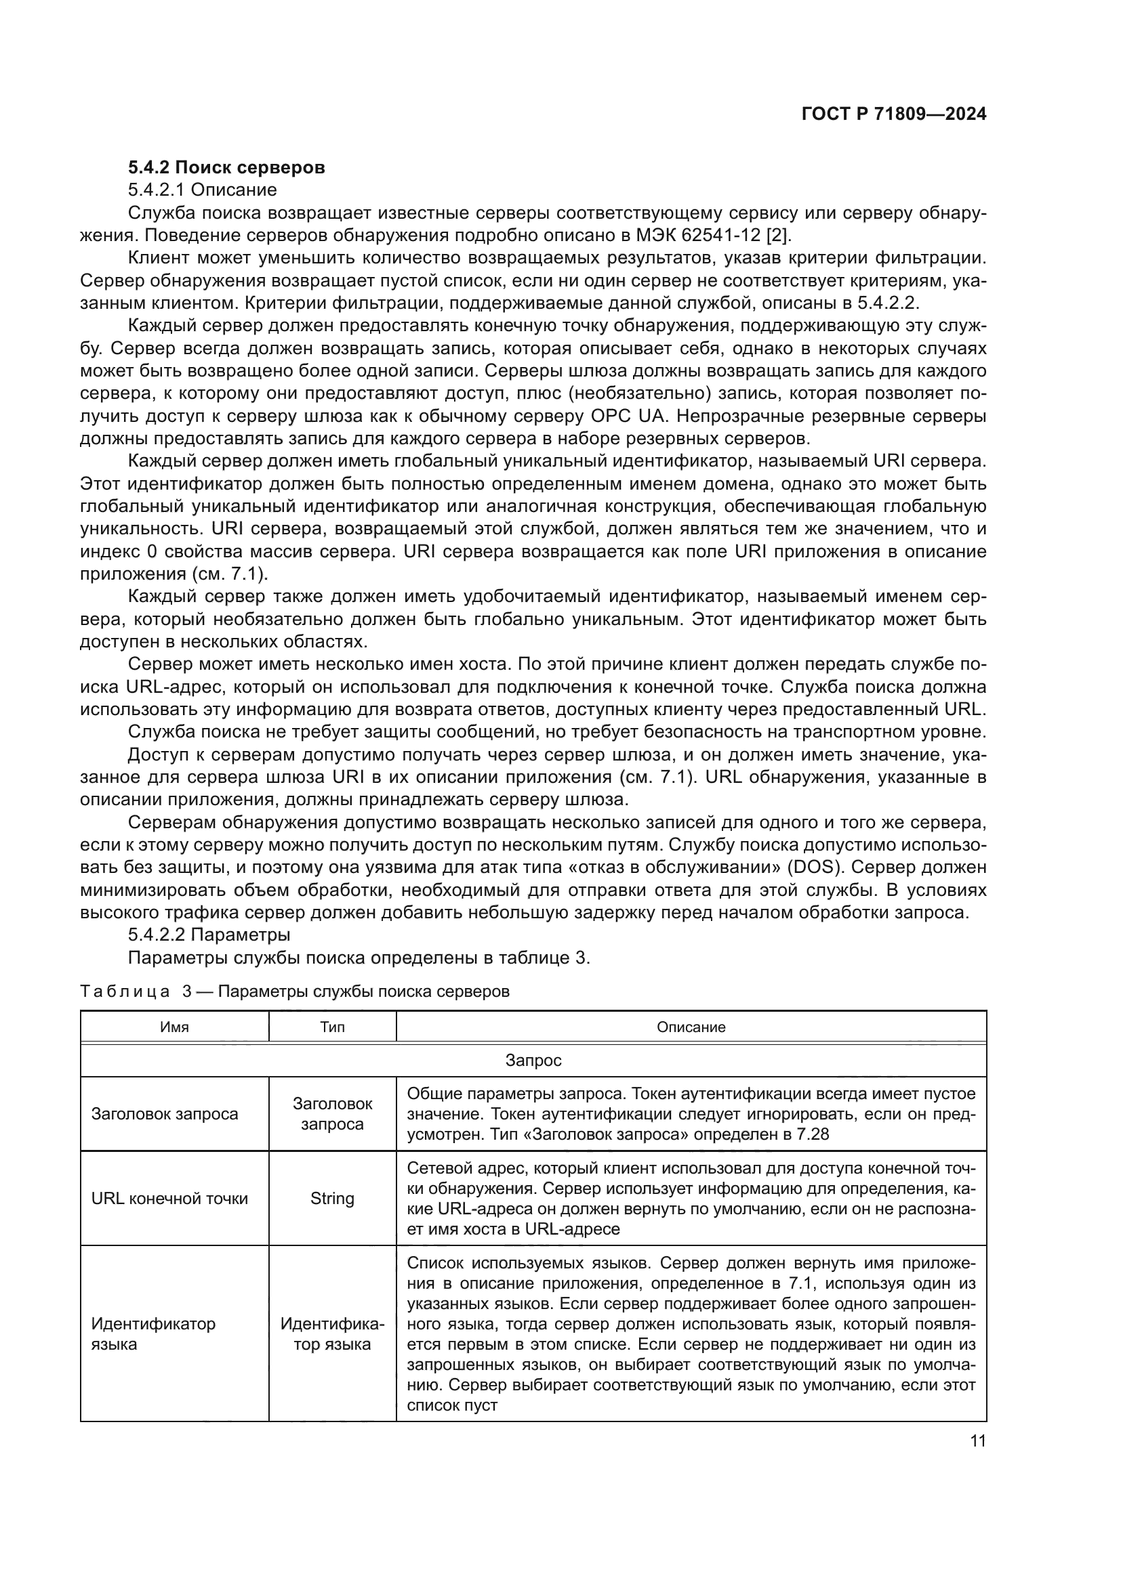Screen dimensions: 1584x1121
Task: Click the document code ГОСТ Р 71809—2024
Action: pyautogui.click(x=893, y=114)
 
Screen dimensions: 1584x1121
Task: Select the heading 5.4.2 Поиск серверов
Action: pyautogui.click(x=226, y=168)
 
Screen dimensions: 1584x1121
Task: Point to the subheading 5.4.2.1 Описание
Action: pyautogui.click(x=202, y=190)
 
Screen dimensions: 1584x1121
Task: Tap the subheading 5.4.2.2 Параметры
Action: pyautogui.click(x=209, y=935)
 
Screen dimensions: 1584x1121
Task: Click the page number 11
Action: pyautogui.click(x=977, y=1440)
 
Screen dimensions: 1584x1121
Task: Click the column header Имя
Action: pyautogui.click(x=174, y=1027)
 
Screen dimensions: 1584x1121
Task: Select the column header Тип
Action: pyautogui.click(x=332, y=1027)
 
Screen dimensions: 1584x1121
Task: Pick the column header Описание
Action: pyautogui.click(x=691, y=1027)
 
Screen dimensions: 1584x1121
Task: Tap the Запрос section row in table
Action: pyautogui.click(x=533, y=1061)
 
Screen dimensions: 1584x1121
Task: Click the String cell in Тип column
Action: pyautogui.click(x=332, y=1199)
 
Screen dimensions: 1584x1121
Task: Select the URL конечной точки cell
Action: pyautogui.click(x=170, y=1199)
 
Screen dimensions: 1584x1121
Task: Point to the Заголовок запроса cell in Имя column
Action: pyautogui.click(x=164, y=1113)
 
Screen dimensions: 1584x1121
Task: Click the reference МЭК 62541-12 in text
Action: pyautogui.click(x=701, y=235)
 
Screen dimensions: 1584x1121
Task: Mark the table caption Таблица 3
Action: pyautogui.click(x=136, y=991)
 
